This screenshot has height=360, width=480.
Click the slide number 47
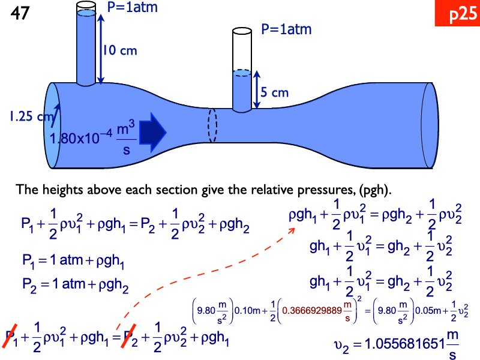click(x=19, y=14)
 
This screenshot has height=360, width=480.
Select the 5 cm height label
click(x=274, y=92)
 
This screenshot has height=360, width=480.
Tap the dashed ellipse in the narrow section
click(x=211, y=125)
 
